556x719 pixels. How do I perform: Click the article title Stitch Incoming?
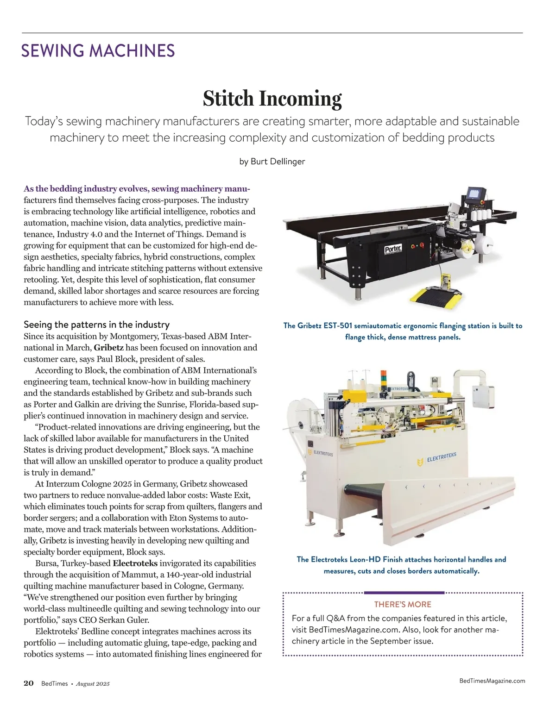(272, 99)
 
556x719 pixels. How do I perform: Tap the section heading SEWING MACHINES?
(98, 50)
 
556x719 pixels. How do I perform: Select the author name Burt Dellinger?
(278, 162)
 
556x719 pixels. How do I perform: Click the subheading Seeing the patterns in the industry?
(96, 325)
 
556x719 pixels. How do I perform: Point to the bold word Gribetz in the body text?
(108, 348)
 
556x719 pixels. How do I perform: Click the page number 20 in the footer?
(29, 683)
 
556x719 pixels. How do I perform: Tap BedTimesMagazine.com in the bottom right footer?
(492, 681)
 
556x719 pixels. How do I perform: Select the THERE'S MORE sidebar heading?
(402, 604)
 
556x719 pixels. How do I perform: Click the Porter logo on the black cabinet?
(392, 249)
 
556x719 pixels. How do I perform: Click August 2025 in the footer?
(93, 684)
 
